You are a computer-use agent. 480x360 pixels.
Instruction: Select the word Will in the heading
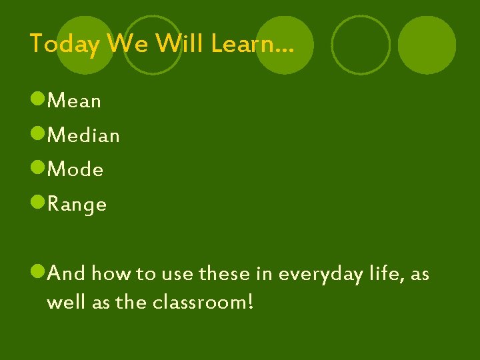(x=181, y=45)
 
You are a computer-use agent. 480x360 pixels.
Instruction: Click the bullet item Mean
(x=75, y=101)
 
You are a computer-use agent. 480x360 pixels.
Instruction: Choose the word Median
(x=84, y=136)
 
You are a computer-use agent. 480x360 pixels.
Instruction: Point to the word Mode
(x=76, y=170)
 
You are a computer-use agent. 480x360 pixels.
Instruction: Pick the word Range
(x=77, y=205)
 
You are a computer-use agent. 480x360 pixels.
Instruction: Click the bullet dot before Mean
(x=38, y=101)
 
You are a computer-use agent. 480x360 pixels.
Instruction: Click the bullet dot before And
(x=38, y=272)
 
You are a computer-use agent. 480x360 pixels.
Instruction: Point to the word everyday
(x=319, y=274)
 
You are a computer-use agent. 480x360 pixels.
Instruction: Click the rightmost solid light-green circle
(x=427, y=45)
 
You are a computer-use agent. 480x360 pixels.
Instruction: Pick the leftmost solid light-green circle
(x=85, y=45)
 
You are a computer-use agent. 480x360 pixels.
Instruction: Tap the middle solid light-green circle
(x=285, y=45)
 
